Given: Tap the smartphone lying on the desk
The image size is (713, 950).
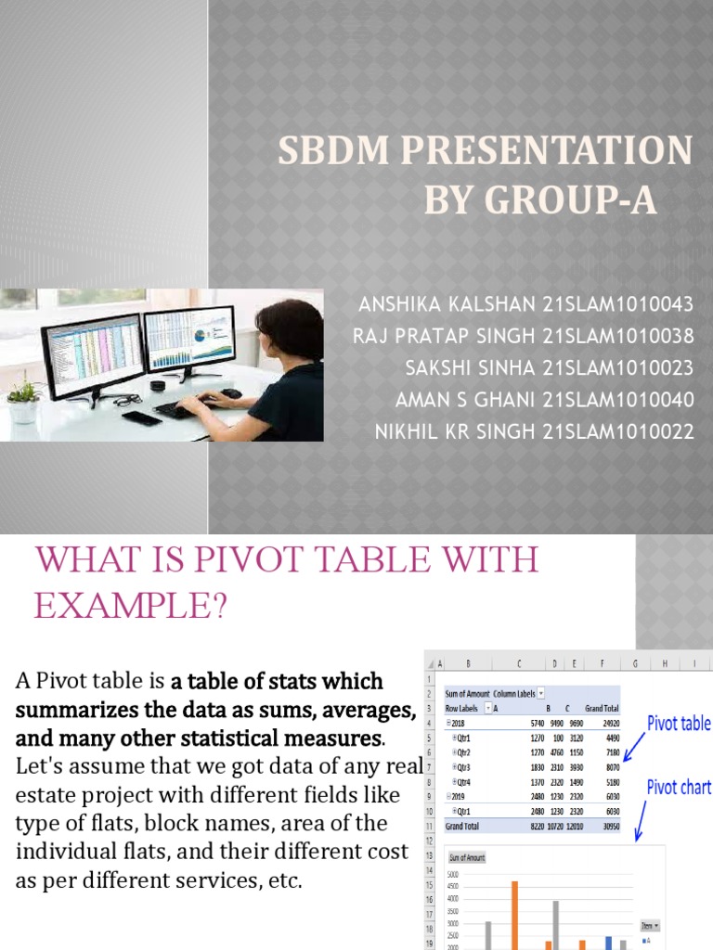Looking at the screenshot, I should [x=140, y=417].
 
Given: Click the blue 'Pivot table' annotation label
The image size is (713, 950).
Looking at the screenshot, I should [x=679, y=724].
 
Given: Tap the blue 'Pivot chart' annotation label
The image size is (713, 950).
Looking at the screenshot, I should [x=679, y=787].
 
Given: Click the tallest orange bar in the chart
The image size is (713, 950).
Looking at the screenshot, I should [x=515, y=914].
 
